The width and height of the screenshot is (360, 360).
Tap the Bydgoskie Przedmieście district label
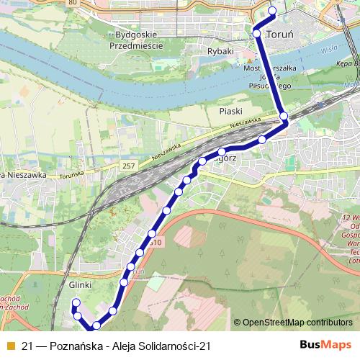point(137,40)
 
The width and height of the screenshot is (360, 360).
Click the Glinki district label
point(83,285)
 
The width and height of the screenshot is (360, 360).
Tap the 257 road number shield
point(129,166)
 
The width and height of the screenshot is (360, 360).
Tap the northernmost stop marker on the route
point(272,10)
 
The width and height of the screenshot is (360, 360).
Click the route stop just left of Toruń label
point(257,33)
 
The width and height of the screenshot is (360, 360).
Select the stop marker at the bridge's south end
point(284,116)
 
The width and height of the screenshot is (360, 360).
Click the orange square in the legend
point(9,345)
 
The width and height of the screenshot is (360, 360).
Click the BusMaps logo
point(325,344)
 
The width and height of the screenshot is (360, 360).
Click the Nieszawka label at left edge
point(23,175)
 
